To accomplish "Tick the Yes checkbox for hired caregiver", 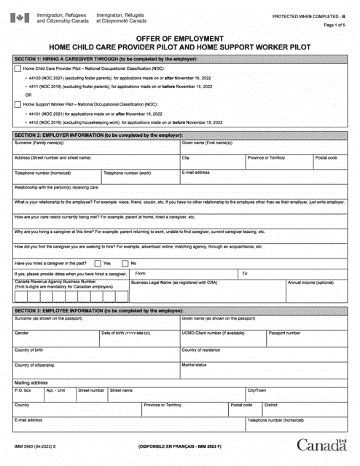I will click(x=98, y=262).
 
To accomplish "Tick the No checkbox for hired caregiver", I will click(x=125, y=262).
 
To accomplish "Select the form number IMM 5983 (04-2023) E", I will click(x=34, y=446).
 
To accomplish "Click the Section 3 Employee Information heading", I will click(x=179, y=310).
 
